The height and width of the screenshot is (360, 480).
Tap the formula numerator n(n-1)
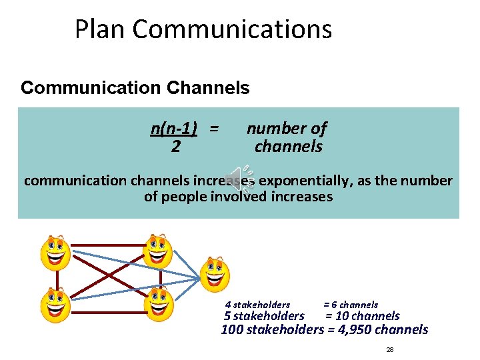[177, 129]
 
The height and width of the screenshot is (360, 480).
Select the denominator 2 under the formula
[175, 147]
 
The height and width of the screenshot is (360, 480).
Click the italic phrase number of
[287, 129]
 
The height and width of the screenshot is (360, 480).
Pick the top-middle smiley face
[159, 251]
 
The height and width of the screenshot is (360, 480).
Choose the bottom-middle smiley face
[159, 304]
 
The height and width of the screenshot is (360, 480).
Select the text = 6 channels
[351, 305]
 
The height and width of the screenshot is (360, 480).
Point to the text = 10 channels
[362, 316]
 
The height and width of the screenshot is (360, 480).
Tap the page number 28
[390, 350]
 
